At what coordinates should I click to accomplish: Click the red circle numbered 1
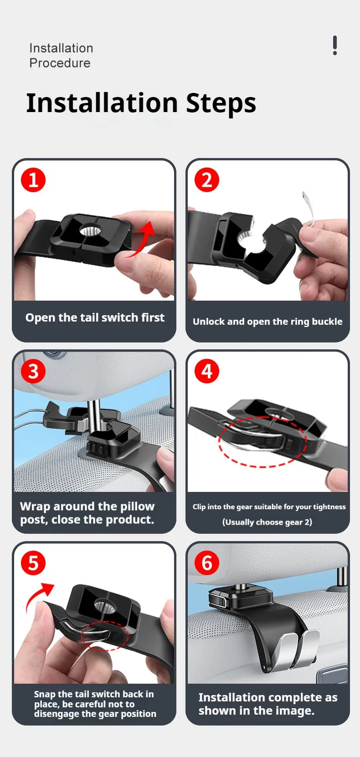tap(33, 180)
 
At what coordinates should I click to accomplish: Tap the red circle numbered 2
tap(207, 180)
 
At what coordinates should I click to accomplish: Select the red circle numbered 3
tap(33, 371)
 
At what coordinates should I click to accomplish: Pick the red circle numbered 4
tap(207, 371)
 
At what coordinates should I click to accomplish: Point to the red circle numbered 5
tap(33, 563)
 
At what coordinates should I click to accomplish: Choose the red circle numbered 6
tap(207, 563)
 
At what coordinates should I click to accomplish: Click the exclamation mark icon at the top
tap(334, 45)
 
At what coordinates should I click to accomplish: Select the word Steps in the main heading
tap(221, 103)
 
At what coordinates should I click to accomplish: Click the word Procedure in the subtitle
tap(60, 63)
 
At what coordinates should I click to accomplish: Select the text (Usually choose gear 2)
tap(267, 522)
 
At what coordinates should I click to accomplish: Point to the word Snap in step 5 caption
tap(45, 695)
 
